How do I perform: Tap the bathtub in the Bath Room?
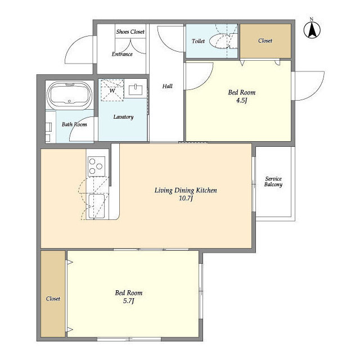tap(69, 94)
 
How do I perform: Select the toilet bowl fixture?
tap(221, 41)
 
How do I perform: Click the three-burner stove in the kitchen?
tap(96, 166)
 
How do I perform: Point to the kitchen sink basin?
tap(96, 206)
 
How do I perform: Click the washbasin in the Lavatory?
tap(136, 89)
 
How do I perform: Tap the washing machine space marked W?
tap(112, 90)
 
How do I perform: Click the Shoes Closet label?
tap(130, 31)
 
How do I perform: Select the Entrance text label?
tap(122, 54)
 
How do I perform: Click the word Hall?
tap(168, 86)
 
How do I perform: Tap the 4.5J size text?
tap(241, 100)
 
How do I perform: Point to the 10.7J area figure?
tap(186, 198)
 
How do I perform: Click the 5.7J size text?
tap(129, 301)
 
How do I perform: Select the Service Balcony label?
tap(273, 182)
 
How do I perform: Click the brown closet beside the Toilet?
tap(265, 41)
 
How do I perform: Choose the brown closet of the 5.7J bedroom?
tap(53, 294)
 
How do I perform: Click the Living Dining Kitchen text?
tap(186, 190)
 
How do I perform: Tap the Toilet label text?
tap(198, 41)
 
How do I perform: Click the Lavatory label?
tap(123, 117)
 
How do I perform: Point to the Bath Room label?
tap(74, 124)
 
